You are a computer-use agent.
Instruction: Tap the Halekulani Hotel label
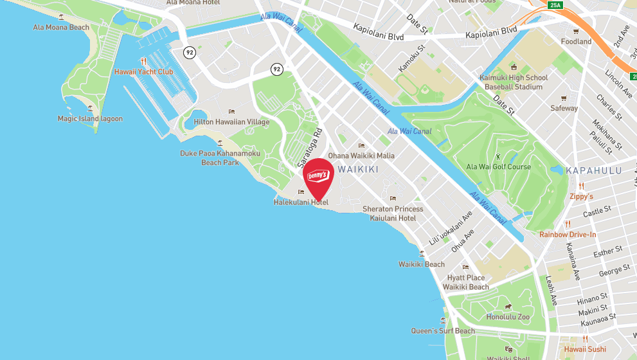pos(301,203)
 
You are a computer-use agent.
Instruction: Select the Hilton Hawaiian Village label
pos(231,122)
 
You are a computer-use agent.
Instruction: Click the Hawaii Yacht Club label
pos(143,72)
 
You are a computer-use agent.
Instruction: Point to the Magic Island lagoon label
pos(90,119)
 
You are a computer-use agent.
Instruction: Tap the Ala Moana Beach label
pos(61,28)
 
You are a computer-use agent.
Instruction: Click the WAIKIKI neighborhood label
pos(358,169)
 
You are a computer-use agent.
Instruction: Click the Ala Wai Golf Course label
pos(498,167)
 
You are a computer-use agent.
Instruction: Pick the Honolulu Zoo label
pos(508,317)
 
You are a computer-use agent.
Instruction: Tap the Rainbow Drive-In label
pos(568,235)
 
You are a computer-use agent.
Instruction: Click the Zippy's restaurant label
pos(581,196)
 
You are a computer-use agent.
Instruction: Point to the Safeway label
pos(564,108)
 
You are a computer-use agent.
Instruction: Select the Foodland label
pos(576,42)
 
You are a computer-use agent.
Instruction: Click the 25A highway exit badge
pos(555,6)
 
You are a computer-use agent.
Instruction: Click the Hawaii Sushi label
pos(585,349)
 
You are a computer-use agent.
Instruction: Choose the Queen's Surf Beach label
pos(443,331)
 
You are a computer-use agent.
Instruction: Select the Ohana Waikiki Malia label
pos(361,156)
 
